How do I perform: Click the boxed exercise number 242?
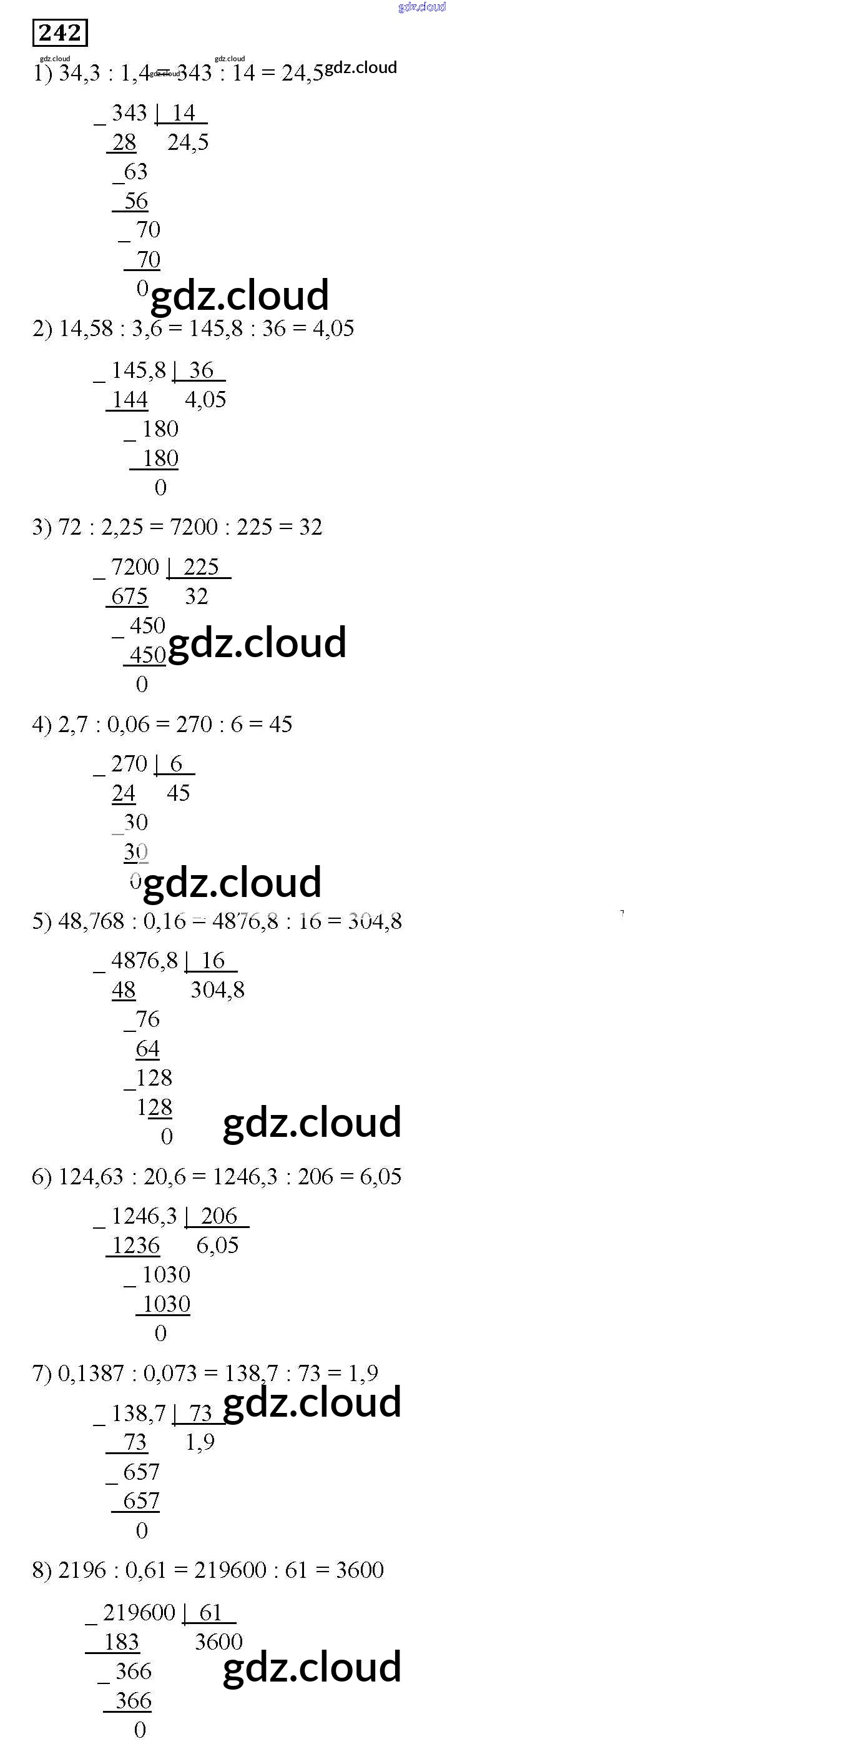click(60, 32)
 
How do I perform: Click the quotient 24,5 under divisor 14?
click(188, 142)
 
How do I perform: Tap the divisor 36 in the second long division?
click(202, 370)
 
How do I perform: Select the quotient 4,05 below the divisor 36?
click(205, 400)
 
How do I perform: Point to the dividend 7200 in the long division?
click(135, 567)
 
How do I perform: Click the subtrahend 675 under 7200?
click(129, 597)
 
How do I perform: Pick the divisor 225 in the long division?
click(201, 567)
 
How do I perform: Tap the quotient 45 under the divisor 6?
click(179, 793)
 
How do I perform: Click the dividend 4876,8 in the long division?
click(144, 961)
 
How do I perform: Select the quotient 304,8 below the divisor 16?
click(217, 990)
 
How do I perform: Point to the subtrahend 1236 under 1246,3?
click(135, 1246)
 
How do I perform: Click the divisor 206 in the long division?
click(218, 1216)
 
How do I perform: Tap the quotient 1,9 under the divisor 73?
click(200, 1442)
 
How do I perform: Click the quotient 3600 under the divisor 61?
click(218, 1642)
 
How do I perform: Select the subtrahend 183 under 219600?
click(121, 1642)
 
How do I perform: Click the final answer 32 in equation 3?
click(310, 527)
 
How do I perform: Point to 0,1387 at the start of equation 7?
click(91, 1374)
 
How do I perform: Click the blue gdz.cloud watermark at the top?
click(422, 7)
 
